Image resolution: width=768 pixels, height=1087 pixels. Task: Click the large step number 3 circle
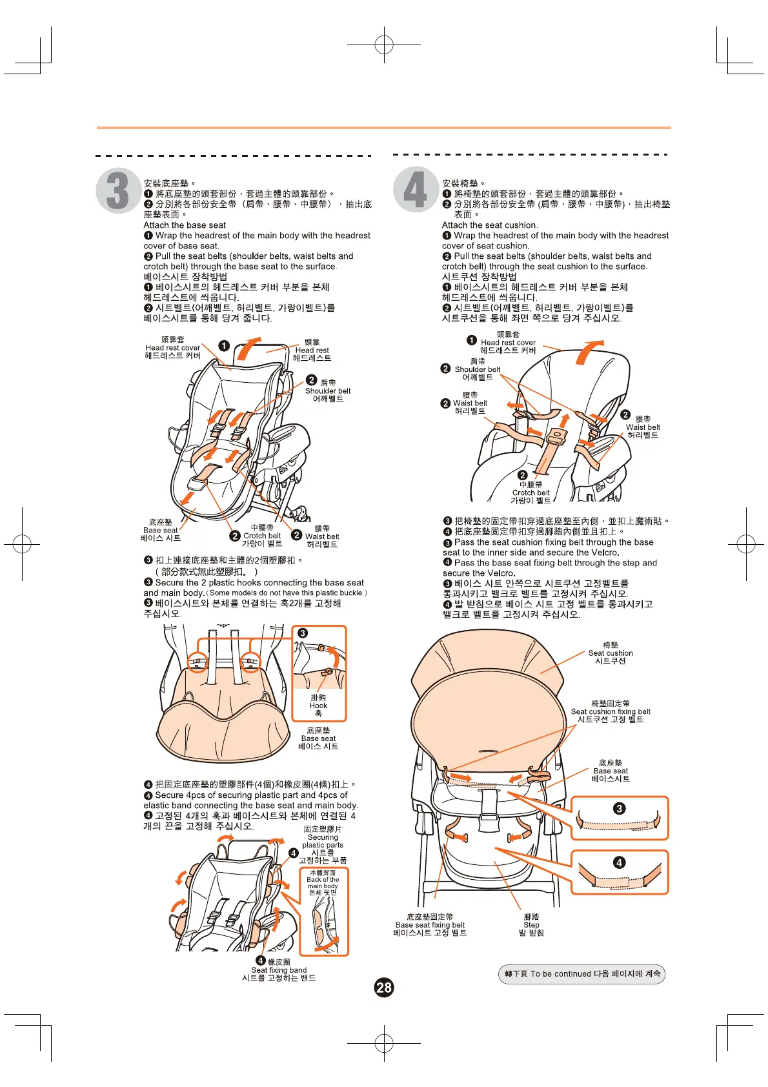[x=118, y=190]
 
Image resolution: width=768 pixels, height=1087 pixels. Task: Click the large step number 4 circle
[x=416, y=190]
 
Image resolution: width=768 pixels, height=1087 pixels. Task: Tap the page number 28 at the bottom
[x=384, y=987]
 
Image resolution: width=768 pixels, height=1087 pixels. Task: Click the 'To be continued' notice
[x=581, y=974]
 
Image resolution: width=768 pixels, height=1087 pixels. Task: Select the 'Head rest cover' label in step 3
[x=172, y=347]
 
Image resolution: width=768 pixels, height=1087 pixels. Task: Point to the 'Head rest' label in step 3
[x=312, y=350]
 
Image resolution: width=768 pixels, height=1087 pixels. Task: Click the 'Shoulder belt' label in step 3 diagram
[x=327, y=391]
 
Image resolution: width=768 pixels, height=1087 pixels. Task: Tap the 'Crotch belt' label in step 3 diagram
[x=261, y=536]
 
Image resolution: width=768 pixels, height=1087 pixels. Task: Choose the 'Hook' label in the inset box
[x=318, y=706]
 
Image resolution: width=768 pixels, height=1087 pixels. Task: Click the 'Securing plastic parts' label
[x=323, y=841]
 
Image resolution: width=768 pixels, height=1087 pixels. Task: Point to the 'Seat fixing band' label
[x=279, y=970]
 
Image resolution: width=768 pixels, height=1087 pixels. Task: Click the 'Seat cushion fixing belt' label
[x=611, y=711]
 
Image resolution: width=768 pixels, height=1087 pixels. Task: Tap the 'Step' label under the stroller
[x=531, y=925]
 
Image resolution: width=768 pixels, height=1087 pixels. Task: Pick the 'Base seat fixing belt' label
[x=430, y=925]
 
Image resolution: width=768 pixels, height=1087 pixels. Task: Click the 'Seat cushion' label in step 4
[x=611, y=653]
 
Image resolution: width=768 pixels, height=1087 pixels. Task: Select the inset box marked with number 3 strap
[x=620, y=818]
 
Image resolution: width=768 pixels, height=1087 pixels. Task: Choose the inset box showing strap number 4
[x=620, y=873]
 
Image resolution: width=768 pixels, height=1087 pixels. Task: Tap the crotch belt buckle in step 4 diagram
[x=556, y=439]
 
